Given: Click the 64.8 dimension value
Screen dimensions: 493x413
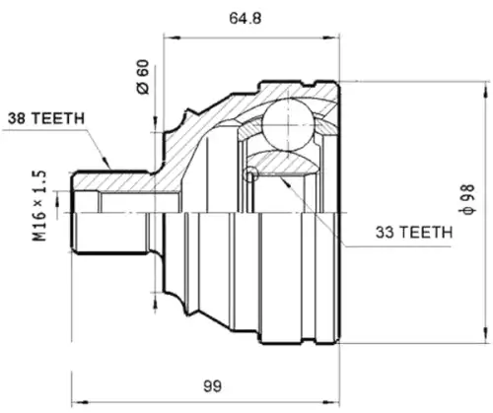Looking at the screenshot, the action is click(246, 18).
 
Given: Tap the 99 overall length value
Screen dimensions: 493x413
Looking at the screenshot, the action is click(212, 386).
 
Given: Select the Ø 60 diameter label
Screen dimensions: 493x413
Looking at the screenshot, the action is click(143, 77).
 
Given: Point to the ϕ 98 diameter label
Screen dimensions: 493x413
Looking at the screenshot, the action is click(467, 199).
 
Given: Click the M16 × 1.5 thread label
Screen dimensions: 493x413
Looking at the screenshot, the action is click(39, 206).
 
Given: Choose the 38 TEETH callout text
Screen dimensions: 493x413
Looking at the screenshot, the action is click(46, 118).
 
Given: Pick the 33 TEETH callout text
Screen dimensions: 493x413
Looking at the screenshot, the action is click(414, 233).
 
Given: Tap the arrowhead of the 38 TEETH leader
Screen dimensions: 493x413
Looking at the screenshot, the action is click(106, 162).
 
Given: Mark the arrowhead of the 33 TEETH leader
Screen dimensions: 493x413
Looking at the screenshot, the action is click(285, 181).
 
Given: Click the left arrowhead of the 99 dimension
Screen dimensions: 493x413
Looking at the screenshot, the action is click(80, 402).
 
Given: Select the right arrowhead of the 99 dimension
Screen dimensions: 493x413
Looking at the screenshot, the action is click(331, 402).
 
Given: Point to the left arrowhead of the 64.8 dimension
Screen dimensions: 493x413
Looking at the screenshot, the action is click(172, 38).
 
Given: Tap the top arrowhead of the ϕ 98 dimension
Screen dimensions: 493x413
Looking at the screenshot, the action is click(485, 89).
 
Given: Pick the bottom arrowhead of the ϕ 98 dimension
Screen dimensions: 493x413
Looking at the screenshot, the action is click(485, 335).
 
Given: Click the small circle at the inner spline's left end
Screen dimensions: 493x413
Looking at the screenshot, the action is click(250, 172).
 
